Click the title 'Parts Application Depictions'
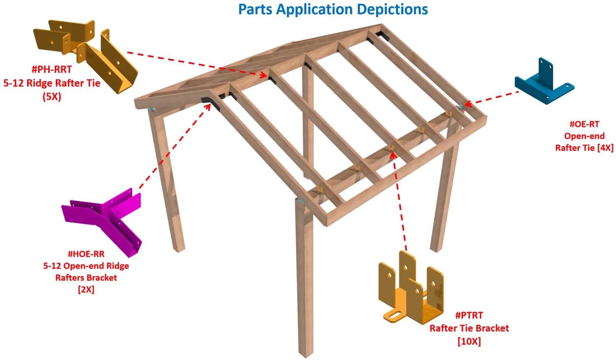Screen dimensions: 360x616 pos(333,9)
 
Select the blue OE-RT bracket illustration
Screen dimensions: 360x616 pos(545,82)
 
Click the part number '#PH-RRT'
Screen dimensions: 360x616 pos(52,69)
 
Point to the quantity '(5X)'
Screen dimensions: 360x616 pos(52,97)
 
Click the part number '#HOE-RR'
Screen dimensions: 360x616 pos(86,254)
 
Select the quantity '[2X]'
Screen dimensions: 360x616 pos(86,289)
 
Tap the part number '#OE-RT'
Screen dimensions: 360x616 pos(584,124)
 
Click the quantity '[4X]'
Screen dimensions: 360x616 pos(605,148)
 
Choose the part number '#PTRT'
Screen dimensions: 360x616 pos(469,315)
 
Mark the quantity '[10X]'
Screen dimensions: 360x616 pos(469,341)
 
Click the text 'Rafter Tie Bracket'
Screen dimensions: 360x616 pos(469,328)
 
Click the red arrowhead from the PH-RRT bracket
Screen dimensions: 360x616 pos(264,75)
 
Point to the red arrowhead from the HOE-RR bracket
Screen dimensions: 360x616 pos(208,106)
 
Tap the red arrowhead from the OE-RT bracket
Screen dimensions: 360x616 pos(467,105)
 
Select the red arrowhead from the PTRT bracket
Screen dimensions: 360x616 pos(393,155)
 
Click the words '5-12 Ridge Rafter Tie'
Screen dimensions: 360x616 pos(52,83)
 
